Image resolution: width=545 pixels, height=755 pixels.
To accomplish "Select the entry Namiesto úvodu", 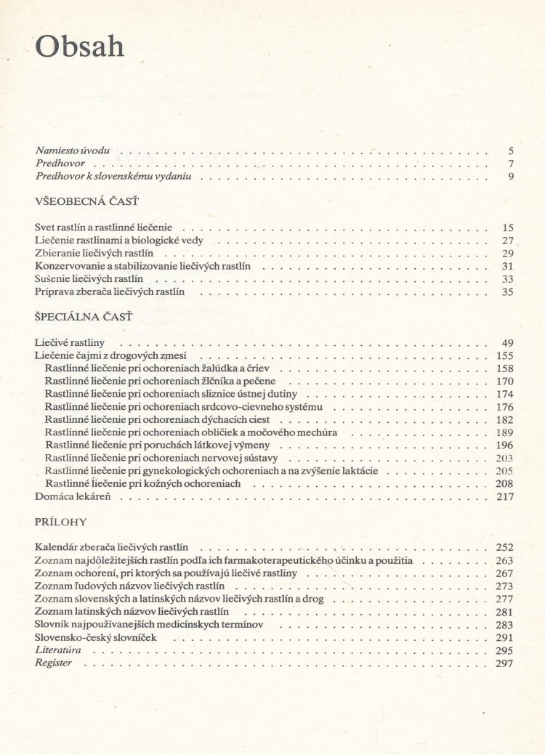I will [73, 150].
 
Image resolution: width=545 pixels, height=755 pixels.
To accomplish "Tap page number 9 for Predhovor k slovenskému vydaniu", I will [512, 176].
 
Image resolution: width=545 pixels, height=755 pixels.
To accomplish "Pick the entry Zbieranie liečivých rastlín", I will [100, 253].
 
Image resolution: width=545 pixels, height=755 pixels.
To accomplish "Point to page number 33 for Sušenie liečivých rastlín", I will [507, 279].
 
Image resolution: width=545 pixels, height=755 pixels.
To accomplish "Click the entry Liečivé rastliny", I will [70, 342].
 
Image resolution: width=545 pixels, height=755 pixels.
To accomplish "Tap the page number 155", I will [505, 355].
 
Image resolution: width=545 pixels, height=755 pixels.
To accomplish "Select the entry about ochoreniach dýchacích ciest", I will [157, 420].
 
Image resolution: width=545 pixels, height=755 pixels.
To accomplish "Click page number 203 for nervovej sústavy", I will [505, 459].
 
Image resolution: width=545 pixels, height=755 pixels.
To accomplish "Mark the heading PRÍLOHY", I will [61, 522].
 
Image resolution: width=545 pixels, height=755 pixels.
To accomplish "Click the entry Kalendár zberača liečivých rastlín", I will [111, 547].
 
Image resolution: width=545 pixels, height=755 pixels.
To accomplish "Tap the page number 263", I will [505, 561].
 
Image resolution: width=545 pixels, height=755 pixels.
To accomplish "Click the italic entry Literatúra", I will [57, 650].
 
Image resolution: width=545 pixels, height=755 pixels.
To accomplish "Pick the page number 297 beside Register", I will [505, 663].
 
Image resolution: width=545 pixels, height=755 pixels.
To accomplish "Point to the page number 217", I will [505, 497].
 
